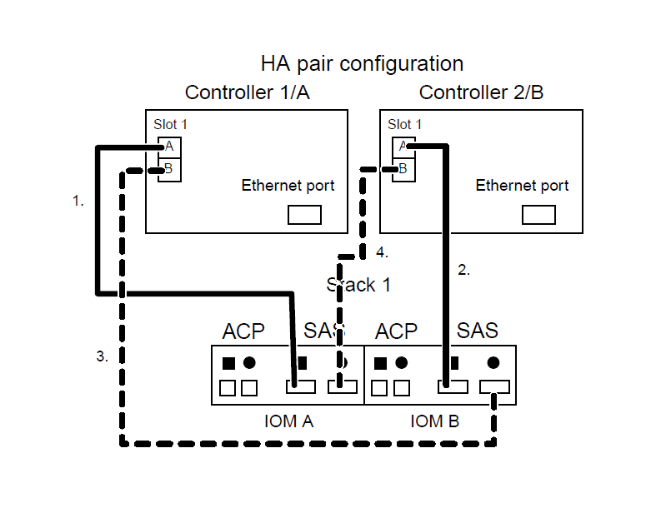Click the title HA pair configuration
pyautogui.click(x=362, y=63)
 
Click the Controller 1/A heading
pyautogui.click(x=247, y=92)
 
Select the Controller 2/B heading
pyautogui.click(x=481, y=92)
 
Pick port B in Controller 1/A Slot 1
pyautogui.click(x=169, y=170)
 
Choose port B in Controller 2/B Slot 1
pyautogui.click(x=403, y=170)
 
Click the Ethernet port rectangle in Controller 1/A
pyautogui.click(x=304, y=215)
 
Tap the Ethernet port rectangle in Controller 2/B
pyautogui.click(x=538, y=215)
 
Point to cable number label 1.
pyautogui.click(x=78, y=201)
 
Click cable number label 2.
pyautogui.click(x=464, y=270)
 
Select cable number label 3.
pyautogui.click(x=102, y=356)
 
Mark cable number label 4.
pyautogui.click(x=382, y=252)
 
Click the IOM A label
pyautogui.click(x=283, y=421)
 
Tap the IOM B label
pyautogui.click(x=434, y=421)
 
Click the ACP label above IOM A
pyautogui.click(x=243, y=331)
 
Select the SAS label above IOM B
pyautogui.click(x=478, y=331)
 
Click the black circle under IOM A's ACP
pyautogui.click(x=248, y=363)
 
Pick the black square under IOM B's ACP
pyautogui.click(x=381, y=363)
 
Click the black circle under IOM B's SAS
pyautogui.click(x=493, y=363)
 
